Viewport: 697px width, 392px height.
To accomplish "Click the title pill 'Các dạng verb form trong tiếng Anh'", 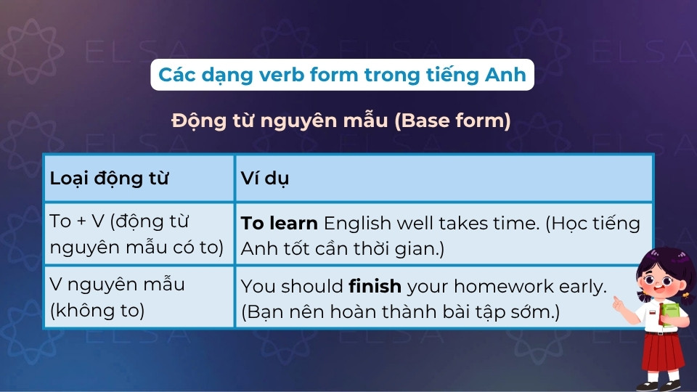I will coord(342,75).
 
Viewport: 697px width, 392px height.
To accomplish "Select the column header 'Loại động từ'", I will coord(109,179).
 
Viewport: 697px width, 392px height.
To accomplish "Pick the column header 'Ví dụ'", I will coord(265,179).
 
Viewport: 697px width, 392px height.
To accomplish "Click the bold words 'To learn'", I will coord(279,223).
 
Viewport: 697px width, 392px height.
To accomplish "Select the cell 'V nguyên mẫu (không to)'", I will coord(116,297).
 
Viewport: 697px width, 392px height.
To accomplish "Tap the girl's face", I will coord(658,280).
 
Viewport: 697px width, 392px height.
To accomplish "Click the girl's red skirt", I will coord(662,351).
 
